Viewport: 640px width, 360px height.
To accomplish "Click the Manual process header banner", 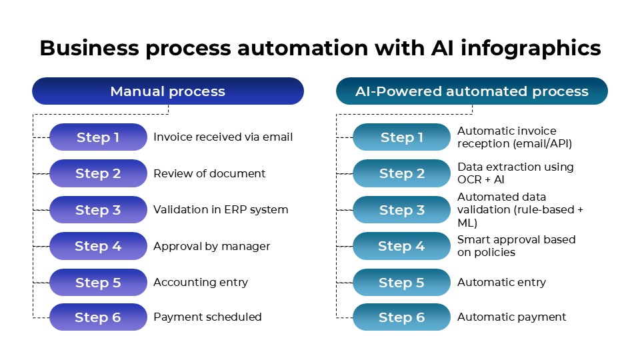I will coord(168,91).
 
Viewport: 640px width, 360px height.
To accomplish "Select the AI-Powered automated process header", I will coord(471,91).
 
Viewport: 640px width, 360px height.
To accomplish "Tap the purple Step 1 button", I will coord(98,137).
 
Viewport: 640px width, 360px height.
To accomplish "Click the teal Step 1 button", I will coord(402,137).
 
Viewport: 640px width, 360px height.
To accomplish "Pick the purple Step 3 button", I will coord(98,210).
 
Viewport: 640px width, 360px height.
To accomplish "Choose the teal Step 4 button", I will coord(402,246).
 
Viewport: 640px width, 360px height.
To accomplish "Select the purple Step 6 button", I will coord(98,317).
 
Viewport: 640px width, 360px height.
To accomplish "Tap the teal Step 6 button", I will coord(402,317).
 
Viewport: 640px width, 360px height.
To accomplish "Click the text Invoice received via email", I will coord(223,137).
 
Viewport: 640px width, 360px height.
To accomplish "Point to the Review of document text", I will coord(209,173).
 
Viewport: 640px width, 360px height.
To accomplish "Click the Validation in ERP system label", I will coord(221,209).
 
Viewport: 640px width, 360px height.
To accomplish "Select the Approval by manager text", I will coord(211,246).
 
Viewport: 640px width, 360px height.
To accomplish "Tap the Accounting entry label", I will coord(201,282).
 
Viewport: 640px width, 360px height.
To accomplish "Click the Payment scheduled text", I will coord(207,317).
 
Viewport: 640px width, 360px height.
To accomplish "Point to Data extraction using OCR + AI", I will coord(515,173).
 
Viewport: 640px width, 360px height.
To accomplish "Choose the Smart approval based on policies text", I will coord(516,245).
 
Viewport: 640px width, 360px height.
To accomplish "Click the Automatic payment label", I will coord(511,317).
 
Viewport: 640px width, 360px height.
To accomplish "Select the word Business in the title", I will coord(89,49).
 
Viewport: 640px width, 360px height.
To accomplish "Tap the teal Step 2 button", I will coord(402,173).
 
